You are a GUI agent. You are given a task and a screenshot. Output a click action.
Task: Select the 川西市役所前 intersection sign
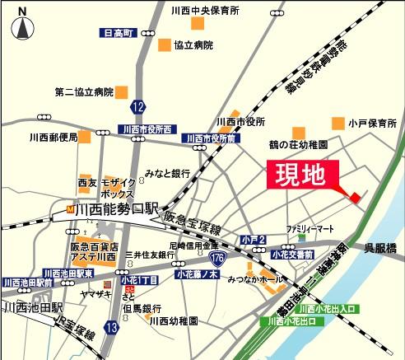(x=211, y=138)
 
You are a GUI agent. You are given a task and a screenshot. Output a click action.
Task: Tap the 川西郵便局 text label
(x=54, y=137)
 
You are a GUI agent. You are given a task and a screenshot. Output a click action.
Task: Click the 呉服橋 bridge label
(x=383, y=247)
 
